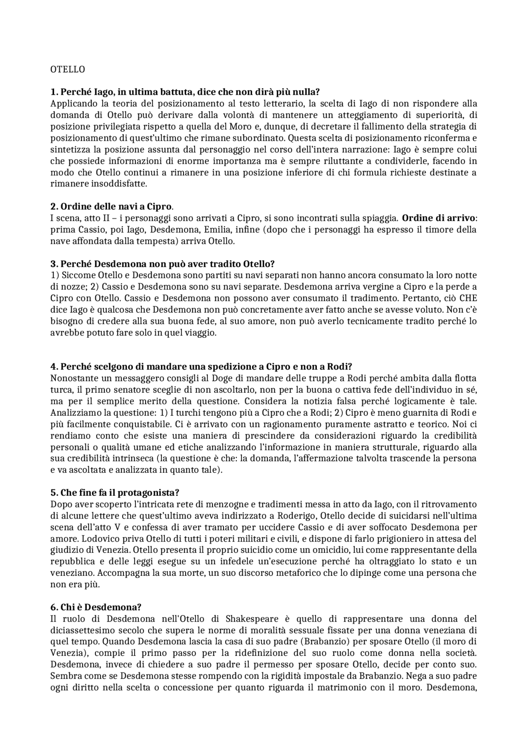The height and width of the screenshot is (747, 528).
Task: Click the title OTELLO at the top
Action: coord(68,69)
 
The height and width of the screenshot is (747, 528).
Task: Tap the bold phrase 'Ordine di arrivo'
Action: coord(438,218)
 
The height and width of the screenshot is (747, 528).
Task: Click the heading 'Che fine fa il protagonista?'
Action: coord(115,493)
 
